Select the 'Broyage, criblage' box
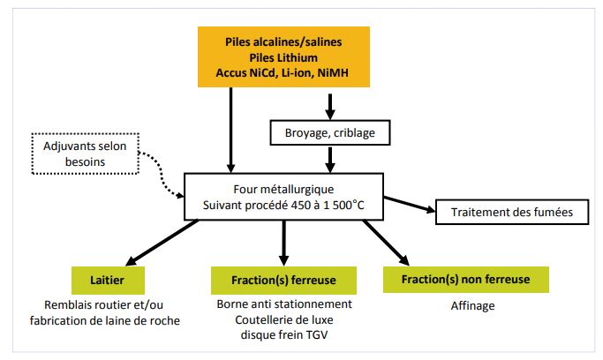329,132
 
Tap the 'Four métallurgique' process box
283,197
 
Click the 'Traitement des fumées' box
500,213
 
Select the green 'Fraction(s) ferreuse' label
283,281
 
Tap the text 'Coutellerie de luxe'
283,319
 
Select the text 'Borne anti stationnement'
283,304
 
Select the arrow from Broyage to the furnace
329,158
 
